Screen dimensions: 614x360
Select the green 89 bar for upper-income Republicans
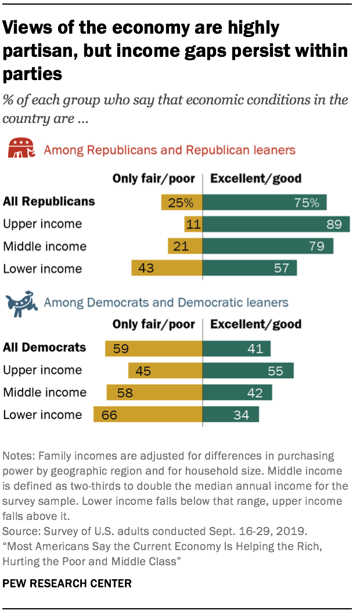[276, 224]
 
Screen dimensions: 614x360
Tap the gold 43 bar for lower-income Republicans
[167, 269]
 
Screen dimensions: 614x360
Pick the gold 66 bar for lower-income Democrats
[148, 414]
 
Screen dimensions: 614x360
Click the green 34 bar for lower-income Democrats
[231, 414]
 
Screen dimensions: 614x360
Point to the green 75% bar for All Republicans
[264, 202]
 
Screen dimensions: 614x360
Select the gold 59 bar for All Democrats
[154, 348]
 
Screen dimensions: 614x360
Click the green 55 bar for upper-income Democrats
[248, 370]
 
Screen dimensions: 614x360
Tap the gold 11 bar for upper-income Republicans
[193, 224]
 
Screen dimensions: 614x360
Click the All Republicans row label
[49, 202]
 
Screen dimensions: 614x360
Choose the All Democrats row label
[45, 348]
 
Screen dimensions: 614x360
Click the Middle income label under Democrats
[45, 392]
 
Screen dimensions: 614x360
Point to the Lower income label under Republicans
[42, 269]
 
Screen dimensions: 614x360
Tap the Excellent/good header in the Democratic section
[255, 324]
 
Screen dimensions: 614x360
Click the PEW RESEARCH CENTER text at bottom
[67, 583]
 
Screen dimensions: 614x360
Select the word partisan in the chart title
[38, 51]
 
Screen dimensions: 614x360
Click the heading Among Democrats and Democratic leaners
[166, 302]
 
